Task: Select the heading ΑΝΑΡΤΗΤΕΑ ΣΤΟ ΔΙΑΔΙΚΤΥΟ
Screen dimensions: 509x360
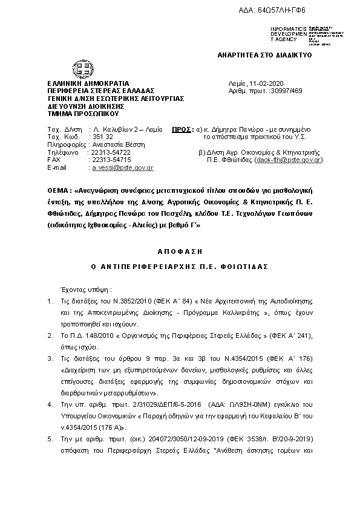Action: point(264,54)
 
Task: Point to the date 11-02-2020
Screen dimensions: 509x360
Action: point(275,83)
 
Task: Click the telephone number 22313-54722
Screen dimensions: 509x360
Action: point(110,152)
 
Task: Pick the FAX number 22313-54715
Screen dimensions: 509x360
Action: point(110,159)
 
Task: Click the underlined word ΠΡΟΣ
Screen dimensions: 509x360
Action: point(180,129)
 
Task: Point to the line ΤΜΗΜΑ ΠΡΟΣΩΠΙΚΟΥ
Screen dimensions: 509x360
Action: point(83,113)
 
